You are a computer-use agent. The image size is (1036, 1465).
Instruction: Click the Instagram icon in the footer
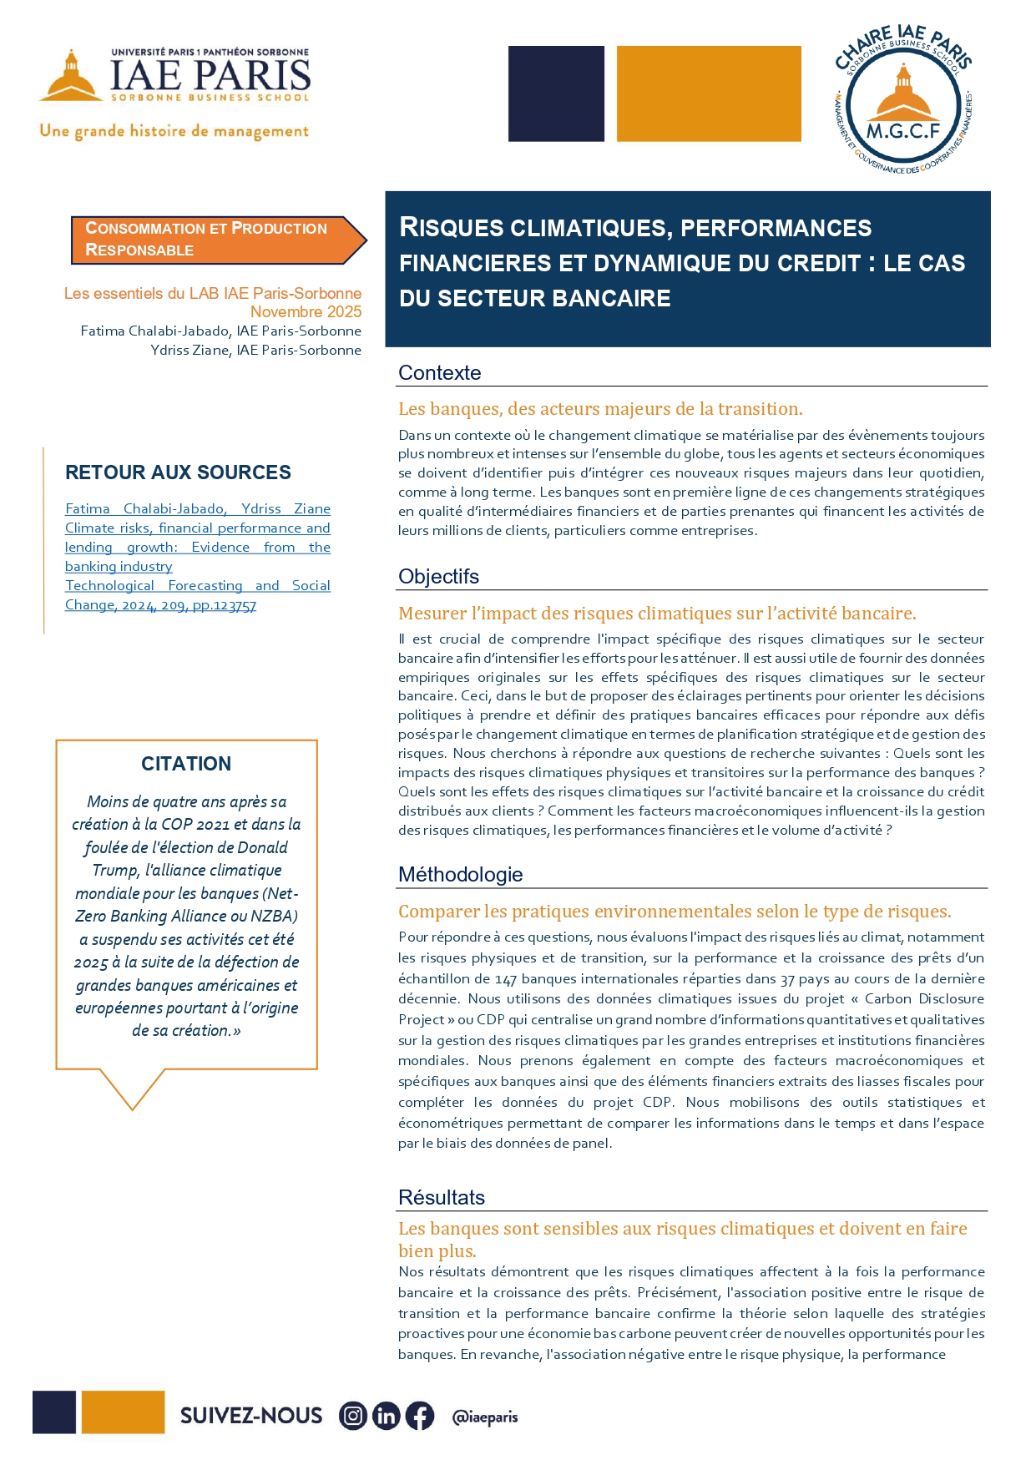tap(353, 1416)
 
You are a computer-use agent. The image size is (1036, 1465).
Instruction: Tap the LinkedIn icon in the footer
tap(386, 1416)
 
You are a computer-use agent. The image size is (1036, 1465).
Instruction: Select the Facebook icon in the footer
tap(419, 1416)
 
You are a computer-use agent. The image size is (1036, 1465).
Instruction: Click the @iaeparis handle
tap(484, 1417)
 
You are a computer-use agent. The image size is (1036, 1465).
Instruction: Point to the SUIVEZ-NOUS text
tap(251, 1416)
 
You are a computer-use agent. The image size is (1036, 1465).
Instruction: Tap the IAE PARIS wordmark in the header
tap(210, 76)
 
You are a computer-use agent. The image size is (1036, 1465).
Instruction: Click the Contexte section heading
tap(440, 373)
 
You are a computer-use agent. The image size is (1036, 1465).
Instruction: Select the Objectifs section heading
tap(438, 577)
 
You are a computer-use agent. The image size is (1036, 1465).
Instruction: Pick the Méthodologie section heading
tap(461, 875)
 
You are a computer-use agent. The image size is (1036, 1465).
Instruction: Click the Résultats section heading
tap(442, 1198)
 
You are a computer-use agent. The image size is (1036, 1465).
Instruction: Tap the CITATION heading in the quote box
tap(186, 764)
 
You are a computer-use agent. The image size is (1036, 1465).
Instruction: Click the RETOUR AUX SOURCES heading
tap(178, 472)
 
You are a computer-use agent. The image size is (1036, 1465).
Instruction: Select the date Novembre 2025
tap(306, 312)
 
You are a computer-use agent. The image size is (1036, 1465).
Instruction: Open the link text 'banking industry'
tap(119, 567)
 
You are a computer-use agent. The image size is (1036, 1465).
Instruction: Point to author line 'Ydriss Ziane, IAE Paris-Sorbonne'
tap(255, 351)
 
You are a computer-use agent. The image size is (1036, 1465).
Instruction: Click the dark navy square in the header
tap(556, 93)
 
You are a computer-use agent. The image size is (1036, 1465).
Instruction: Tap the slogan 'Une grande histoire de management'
tap(174, 132)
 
